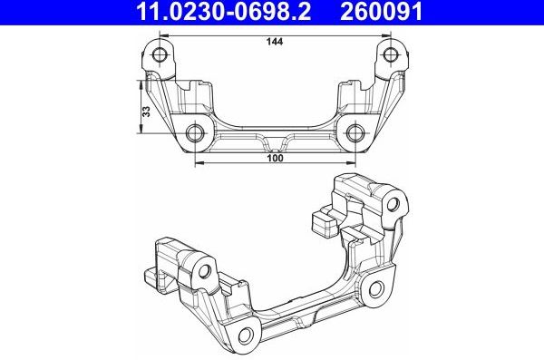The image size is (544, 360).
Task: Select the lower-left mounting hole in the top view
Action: pos(196,134)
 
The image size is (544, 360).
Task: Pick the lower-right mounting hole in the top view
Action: pos(356,134)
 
